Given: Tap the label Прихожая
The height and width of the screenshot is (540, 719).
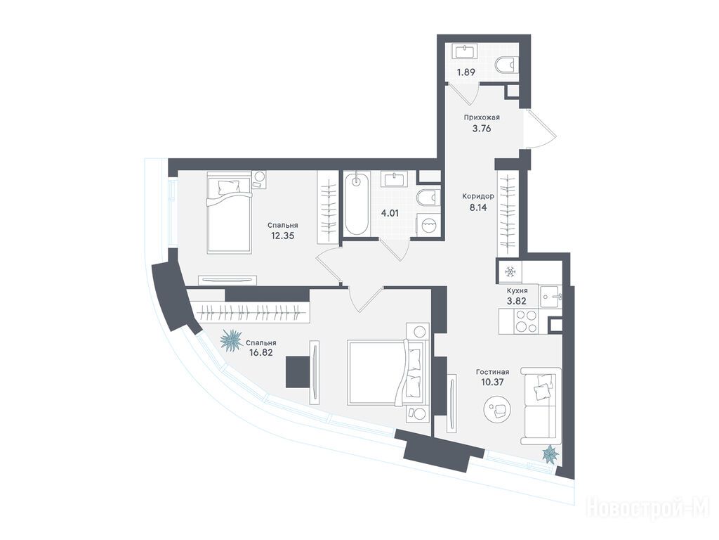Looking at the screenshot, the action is [481, 117].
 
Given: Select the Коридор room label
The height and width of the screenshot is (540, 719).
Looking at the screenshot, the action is [477, 196].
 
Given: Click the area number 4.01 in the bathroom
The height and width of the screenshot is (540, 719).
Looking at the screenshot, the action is [390, 213].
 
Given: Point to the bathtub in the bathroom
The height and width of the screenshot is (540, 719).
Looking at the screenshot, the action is [357, 205].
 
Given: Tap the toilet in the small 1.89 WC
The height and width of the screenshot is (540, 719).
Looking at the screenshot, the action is [507, 65].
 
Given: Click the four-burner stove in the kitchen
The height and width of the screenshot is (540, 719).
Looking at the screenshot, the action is [525, 321].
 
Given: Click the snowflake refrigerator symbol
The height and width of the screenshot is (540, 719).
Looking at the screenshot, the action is [510, 272].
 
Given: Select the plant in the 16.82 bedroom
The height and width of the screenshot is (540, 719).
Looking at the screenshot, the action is [231, 340].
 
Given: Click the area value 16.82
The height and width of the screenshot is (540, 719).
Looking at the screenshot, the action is [261, 354].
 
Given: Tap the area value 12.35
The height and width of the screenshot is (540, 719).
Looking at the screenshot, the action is [282, 236].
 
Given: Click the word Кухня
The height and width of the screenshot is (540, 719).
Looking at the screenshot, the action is [517, 290].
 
